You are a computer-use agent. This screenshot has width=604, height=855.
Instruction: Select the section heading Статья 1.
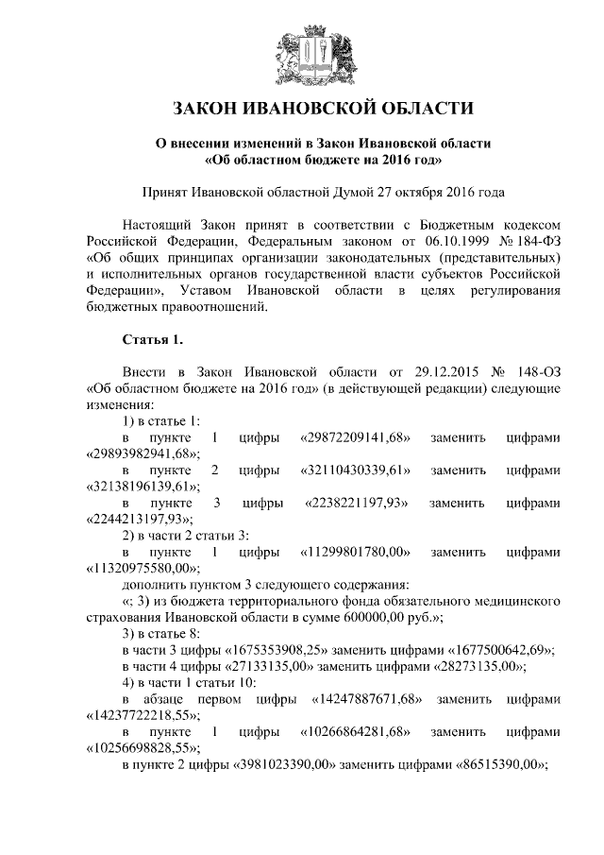pos(152,338)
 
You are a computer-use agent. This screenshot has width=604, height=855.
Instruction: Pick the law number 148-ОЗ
pos(532,371)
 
